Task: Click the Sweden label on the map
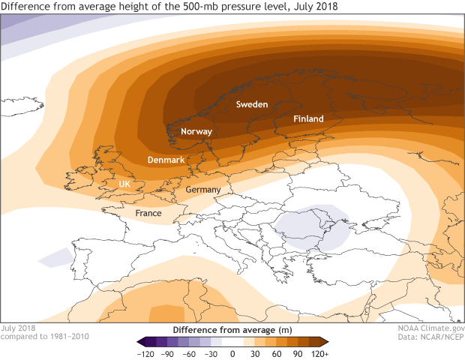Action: pos(252,105)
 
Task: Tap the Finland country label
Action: pos(308,119)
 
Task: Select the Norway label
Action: pos(197,132)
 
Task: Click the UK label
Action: pos(125,184)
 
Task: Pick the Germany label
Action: pos(202,190)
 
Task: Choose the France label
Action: pos(148,214)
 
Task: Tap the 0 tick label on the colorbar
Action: pos(232,352)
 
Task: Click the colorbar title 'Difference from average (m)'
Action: pos(232,329)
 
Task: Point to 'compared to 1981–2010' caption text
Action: pos(45,337)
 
